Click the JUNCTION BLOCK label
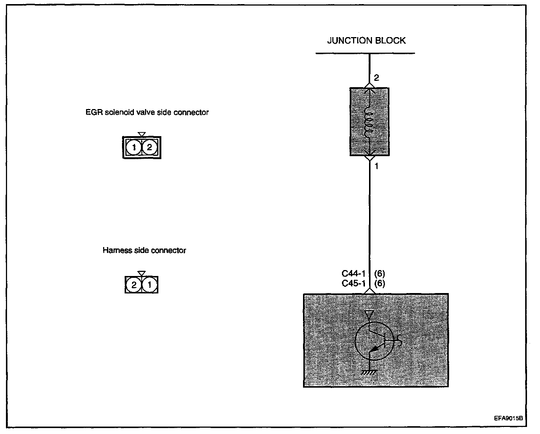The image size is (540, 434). [366, 40]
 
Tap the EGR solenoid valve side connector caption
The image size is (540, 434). [147, 112]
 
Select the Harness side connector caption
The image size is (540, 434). [144, 250]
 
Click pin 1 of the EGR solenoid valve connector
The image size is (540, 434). [134, 148]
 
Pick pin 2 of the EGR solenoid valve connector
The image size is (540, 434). [149, 148]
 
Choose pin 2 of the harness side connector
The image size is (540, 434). [134, 285]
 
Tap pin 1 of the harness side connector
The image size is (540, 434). [149, 285]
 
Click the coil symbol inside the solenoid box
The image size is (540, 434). [369, 122]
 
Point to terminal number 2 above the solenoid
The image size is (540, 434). [376, 78]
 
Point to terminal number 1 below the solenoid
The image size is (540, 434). [376, 167]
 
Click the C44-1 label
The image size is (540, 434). [353, 274]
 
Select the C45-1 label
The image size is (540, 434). [353, 283]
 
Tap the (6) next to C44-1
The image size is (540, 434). [379, 274]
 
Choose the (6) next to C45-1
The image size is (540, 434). [379, 283]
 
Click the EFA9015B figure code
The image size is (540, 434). [508, 418]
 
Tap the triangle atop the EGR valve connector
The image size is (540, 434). [141, 134]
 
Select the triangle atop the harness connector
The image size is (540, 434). [141, 273]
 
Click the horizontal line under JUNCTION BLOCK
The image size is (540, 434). [365, 53]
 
